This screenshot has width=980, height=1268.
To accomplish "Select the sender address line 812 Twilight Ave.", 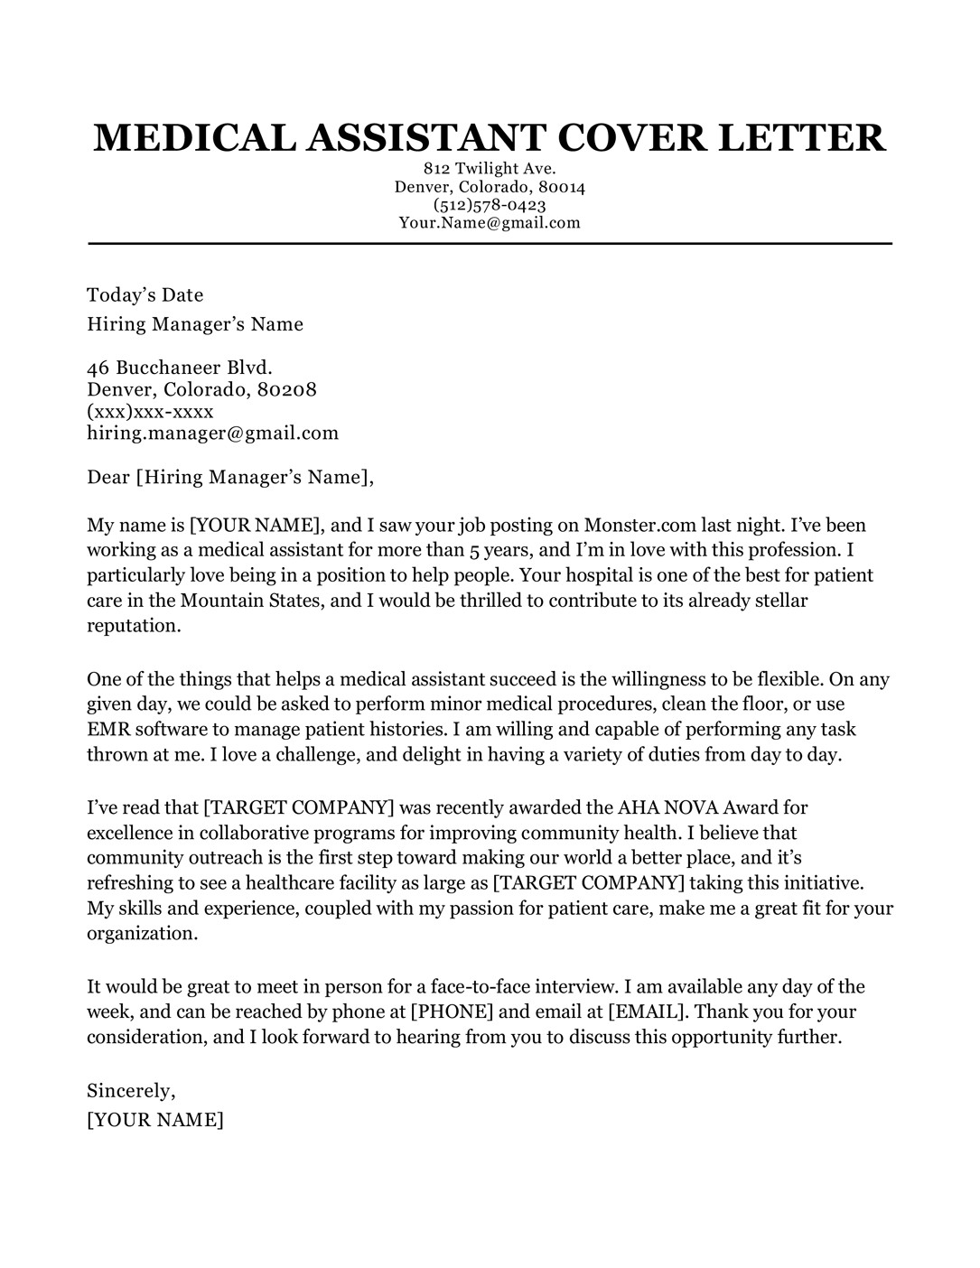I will tap(490, 169).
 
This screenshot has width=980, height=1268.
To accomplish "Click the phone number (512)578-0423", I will tap(490, 205).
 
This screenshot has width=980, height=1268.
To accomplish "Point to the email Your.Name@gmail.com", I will tap(490, 222).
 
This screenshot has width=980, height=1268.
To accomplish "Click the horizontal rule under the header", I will tap(490, 244).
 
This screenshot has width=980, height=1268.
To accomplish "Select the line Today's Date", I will tap(145, 295).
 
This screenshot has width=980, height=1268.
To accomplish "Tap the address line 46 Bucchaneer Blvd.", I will tap(180, 368).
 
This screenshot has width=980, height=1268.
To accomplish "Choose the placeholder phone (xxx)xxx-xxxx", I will tap(150, 411).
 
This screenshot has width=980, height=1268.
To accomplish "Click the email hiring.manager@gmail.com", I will tap(213, 433).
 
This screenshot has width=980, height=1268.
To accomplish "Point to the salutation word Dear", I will tap(108, 477).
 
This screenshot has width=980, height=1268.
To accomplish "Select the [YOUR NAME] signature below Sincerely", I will tap(155, 1121).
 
